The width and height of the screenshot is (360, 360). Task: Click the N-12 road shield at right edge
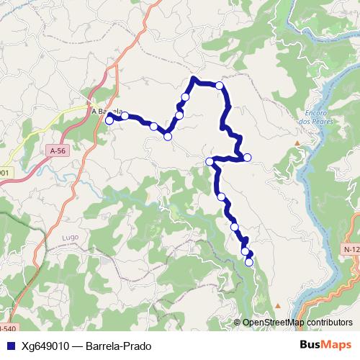coord(351,248)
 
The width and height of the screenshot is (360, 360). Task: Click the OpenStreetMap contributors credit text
coord(293,322)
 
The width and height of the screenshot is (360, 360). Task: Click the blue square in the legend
coord(10,346)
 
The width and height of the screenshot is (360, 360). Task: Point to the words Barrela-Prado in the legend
coord(118,346)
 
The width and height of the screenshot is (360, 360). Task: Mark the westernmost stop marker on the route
coord(109,120)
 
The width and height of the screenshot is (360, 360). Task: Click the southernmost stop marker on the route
coord(249,263)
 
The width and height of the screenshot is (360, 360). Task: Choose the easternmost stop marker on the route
coord(247,157)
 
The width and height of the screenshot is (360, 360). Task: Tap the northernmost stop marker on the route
coord(220,86)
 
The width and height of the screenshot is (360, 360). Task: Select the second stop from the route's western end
coord(125,116)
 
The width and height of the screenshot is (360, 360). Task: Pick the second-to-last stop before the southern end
coord(246,251)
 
